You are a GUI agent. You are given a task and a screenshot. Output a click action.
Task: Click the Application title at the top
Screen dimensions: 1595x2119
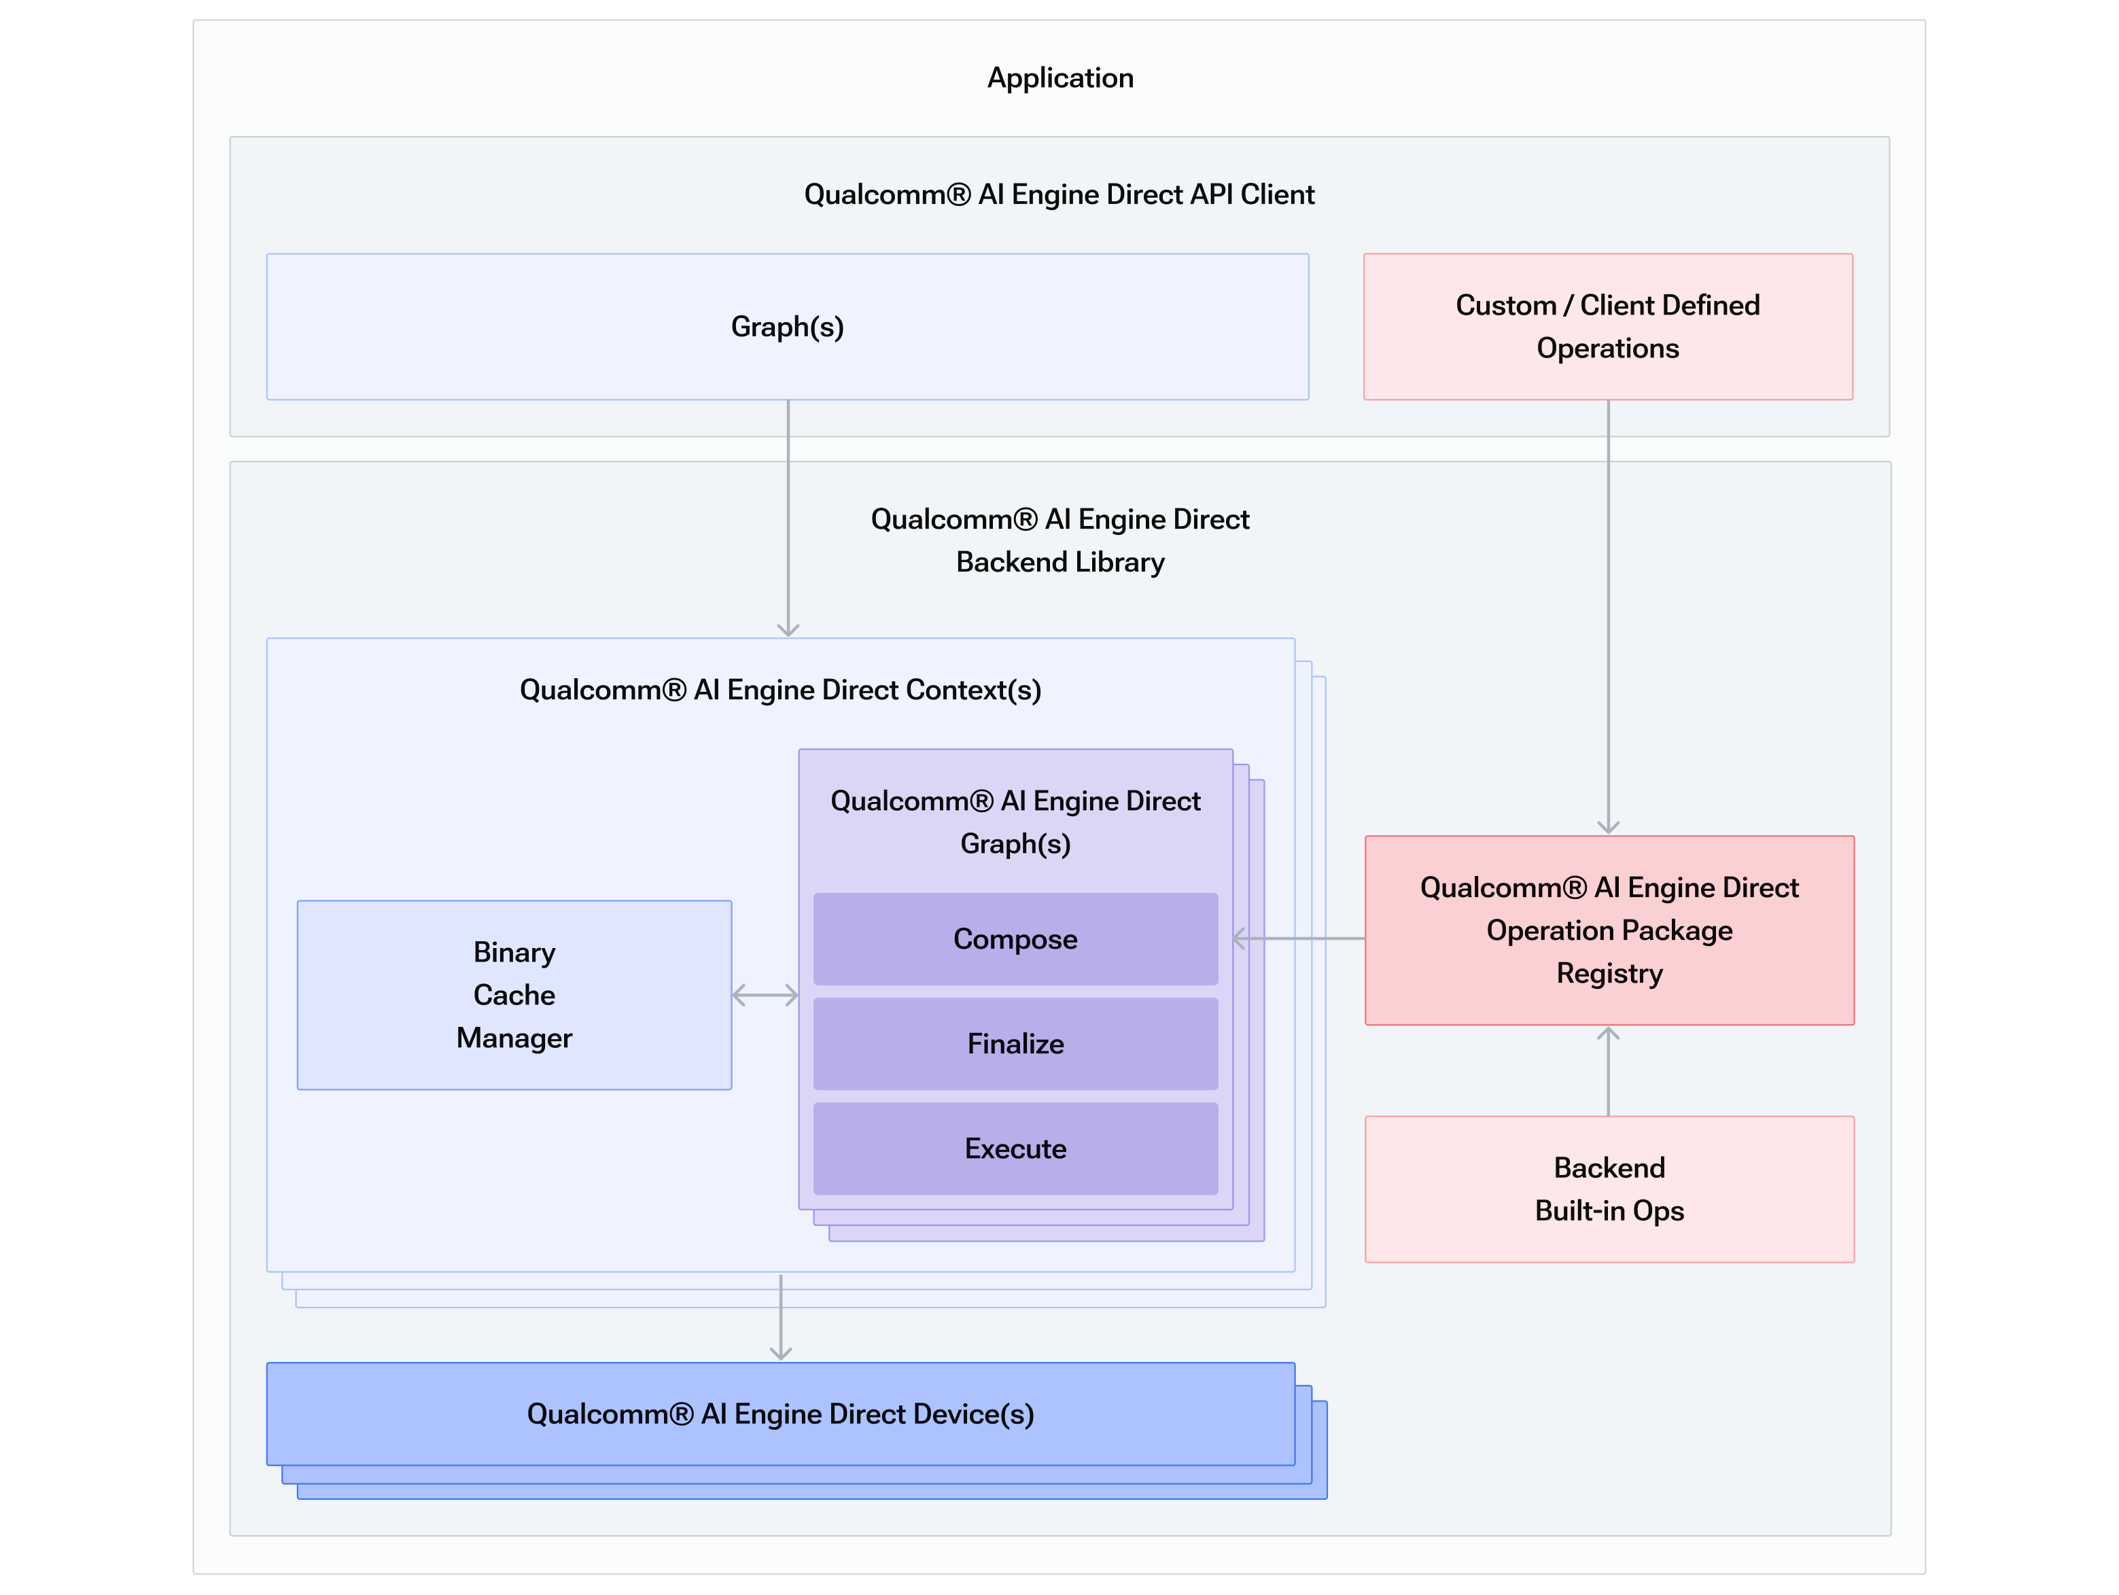tap(1059, 77)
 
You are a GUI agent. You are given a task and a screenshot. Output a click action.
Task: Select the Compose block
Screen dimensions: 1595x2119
tap(1015, 939)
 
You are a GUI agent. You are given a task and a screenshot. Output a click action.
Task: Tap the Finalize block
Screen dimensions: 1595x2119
tap(1015, 1043)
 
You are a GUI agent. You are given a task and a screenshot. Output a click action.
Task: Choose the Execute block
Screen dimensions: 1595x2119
tap(1015, 1148)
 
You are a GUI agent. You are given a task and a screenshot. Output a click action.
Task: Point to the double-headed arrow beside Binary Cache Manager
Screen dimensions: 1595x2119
tap(765, 996)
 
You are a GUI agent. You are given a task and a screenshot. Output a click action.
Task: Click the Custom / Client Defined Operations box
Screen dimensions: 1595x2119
tap(1607, 327)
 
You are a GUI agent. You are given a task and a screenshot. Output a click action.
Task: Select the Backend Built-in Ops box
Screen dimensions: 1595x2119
tap(1609, 1189)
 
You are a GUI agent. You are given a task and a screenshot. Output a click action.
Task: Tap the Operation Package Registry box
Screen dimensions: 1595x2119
tap(1609, 930)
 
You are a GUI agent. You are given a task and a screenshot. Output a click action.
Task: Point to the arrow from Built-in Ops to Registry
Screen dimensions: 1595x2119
tap(1609, 1071)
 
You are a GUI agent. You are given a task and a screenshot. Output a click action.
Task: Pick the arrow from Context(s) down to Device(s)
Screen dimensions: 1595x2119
tap(781, 1317)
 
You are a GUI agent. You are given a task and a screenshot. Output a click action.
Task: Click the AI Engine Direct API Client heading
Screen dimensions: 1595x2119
tap(1059, 194)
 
